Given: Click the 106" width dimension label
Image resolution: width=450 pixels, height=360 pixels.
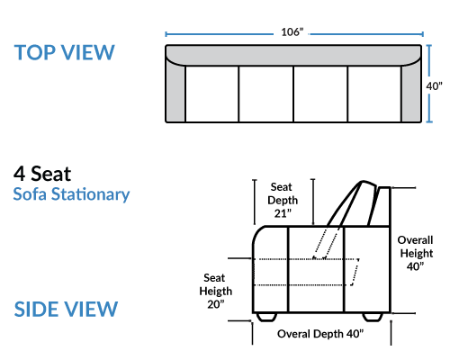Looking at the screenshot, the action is [x=292, y=32].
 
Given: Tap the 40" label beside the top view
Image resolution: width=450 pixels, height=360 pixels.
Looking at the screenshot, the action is [x=434, y=86].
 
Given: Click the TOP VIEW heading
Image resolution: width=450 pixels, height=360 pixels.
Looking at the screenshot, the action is [x=64, y=52].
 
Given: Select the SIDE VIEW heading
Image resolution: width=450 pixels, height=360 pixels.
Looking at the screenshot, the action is [x=66, y=309].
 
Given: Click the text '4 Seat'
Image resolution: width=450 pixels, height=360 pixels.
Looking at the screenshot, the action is [x=42, y=174].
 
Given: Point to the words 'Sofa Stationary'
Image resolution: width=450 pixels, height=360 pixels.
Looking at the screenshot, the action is [x=71, y=194].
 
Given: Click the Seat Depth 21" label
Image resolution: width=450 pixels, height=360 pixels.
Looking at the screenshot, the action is [x=283, y=200].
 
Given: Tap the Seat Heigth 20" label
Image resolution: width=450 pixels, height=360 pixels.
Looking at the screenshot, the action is [x=216, y=291].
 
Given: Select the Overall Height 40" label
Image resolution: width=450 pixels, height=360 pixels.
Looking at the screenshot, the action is [x=416, y=253].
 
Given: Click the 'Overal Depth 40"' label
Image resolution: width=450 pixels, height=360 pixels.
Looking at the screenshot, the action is [x=320, y=334].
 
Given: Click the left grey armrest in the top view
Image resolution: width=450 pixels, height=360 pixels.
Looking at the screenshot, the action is [x=175, y=90].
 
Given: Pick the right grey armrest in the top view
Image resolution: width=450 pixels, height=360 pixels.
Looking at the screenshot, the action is [x=411, y=90].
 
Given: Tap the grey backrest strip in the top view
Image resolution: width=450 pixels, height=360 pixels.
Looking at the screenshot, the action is [x=293, y=55].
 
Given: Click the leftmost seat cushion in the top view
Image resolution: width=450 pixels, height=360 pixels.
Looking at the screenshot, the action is [x=212, y=94].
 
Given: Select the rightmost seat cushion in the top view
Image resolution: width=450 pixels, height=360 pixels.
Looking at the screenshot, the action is [x=374, y=94].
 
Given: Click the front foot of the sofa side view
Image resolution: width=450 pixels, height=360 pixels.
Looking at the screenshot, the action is [x=266, y=317].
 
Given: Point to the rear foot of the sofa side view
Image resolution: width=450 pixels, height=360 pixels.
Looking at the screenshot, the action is [x=373, y=317].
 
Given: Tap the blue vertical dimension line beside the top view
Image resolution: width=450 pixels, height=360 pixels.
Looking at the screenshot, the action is [x=429, y=84].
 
